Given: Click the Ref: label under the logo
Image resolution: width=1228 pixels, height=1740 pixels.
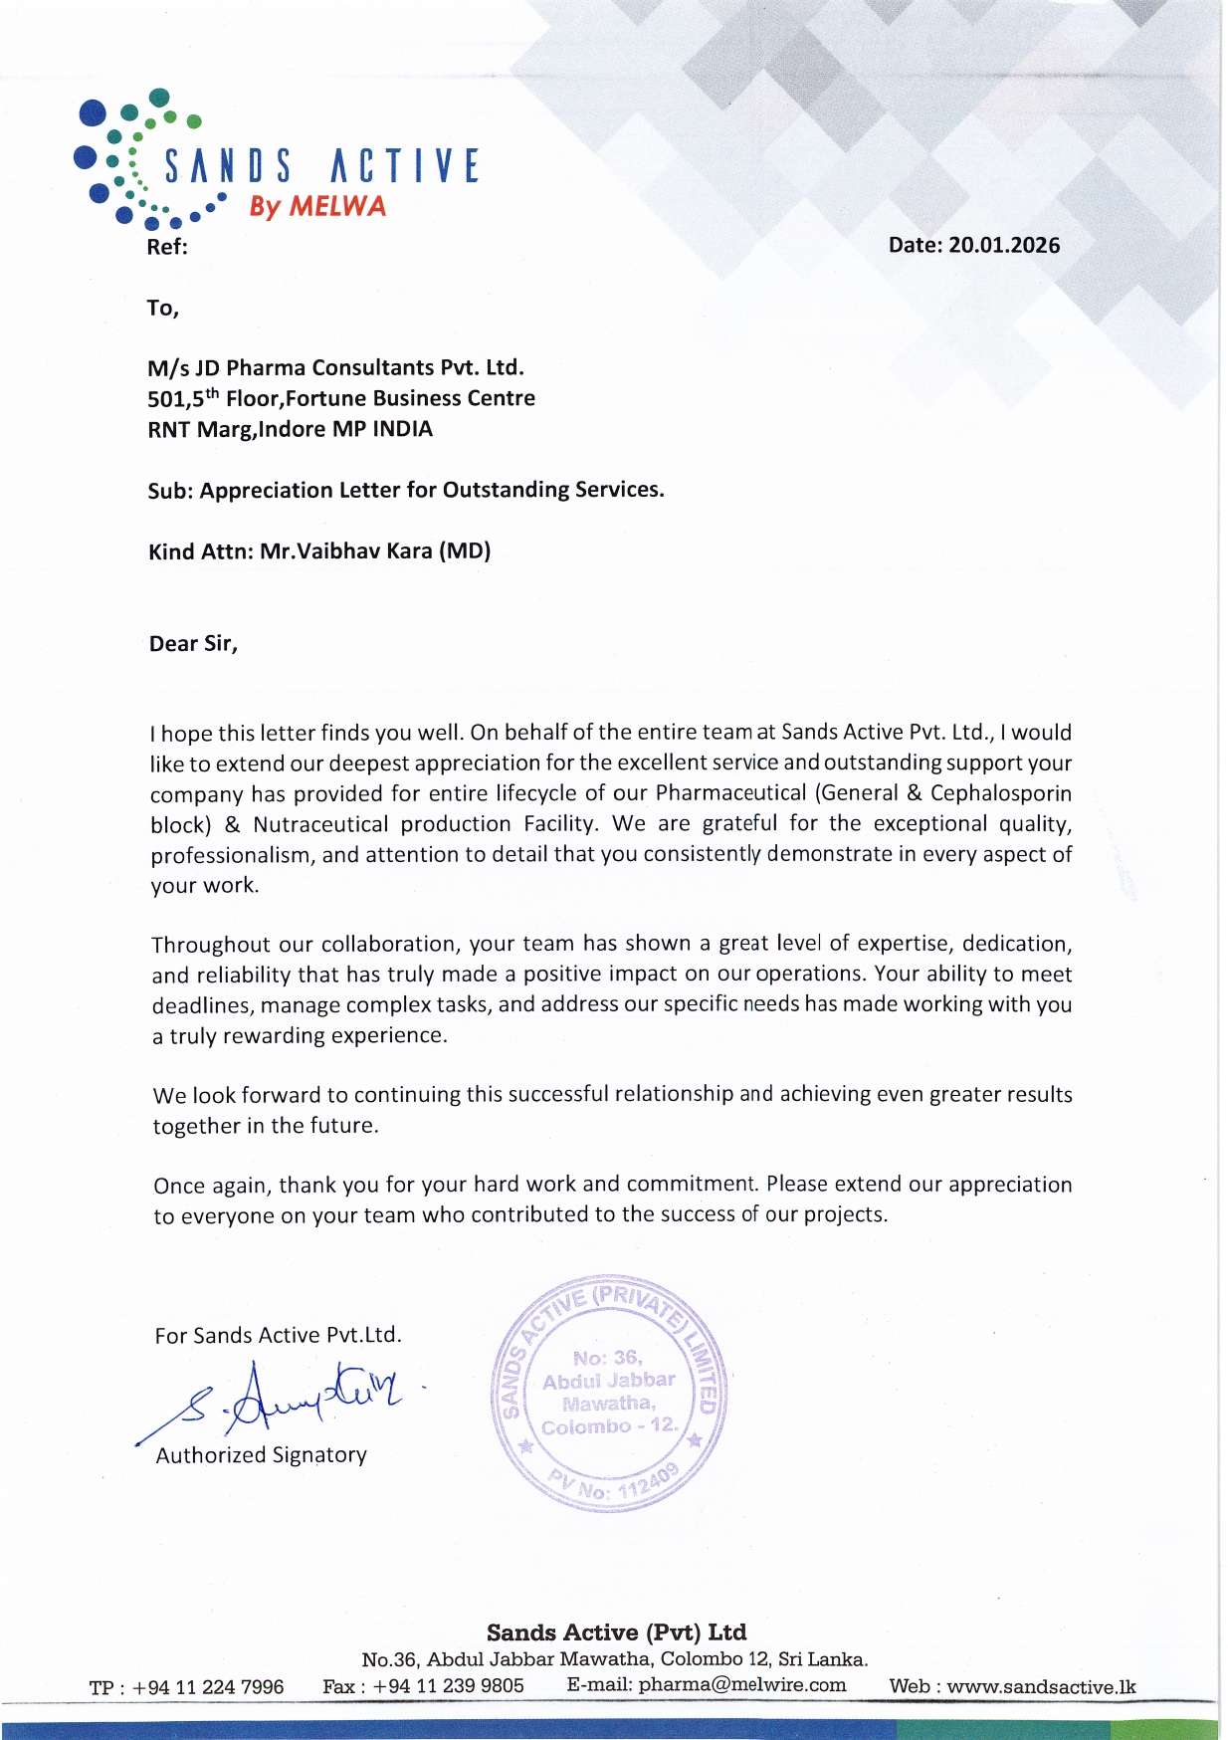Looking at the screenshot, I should [x=166, y=248].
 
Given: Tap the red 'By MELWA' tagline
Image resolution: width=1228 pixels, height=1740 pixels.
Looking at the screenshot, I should [x=316, y=206].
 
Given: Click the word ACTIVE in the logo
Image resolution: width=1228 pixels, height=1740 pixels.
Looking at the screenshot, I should [x=404, y=166].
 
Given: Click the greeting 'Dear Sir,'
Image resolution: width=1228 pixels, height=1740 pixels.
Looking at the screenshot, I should [x=193, y=644].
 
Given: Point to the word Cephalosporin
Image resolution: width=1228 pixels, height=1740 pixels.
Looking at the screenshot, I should [x=1000, y=793].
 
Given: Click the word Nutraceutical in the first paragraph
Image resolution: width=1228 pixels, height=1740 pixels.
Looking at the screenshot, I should [x=319, y=824].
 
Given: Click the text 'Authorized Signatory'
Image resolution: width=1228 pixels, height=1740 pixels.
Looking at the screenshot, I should [x=261, y=1455].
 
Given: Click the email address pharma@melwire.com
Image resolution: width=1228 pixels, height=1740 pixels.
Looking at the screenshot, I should [x=741, y=1685].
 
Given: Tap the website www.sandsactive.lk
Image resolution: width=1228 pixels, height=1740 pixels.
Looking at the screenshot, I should [x=1040, y=1687].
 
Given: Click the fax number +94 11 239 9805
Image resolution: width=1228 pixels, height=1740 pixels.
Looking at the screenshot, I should [x=448, y=1686].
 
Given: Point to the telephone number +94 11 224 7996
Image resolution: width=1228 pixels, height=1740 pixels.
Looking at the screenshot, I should [x=208, y=1687].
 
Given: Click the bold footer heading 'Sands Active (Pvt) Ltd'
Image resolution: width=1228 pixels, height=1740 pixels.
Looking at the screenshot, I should [x=616, y=1632].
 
